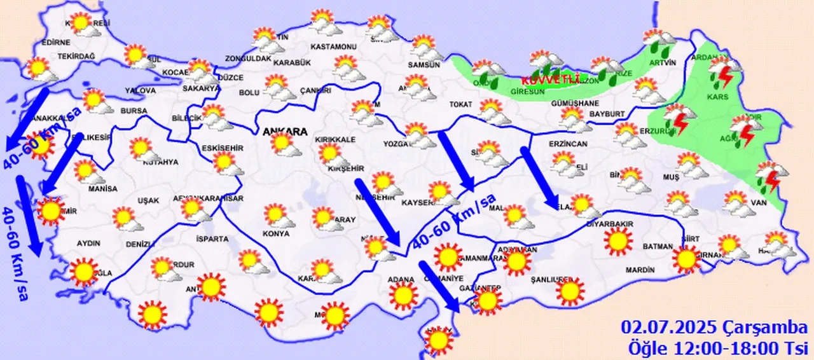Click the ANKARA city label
pos(284,132)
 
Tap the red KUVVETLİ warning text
pos(551,80)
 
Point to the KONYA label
pos(276,233)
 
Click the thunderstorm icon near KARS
pos(724,71)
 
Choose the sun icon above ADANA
pos(403,296)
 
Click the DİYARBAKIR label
pos(610,224)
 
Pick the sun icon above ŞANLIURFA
pos(570,291)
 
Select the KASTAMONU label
pos(333,47)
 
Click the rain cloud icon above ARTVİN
pos(659,43)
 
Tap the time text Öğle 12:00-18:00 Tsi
pos(717,348)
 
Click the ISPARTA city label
pos(212,239)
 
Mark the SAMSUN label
pos(424,65)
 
